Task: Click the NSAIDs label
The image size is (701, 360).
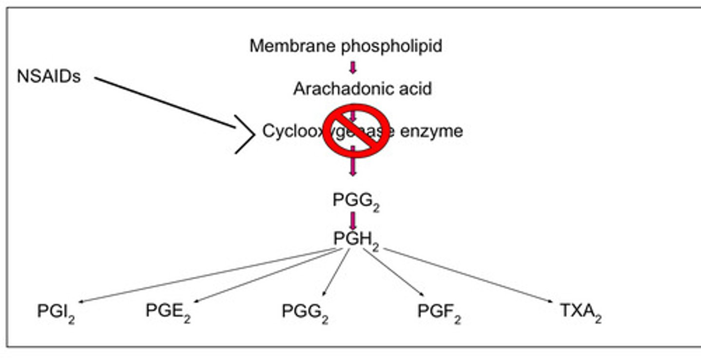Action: point(49,77)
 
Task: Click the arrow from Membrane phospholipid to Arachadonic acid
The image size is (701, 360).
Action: point(353,67)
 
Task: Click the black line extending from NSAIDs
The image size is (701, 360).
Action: point(166,103)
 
